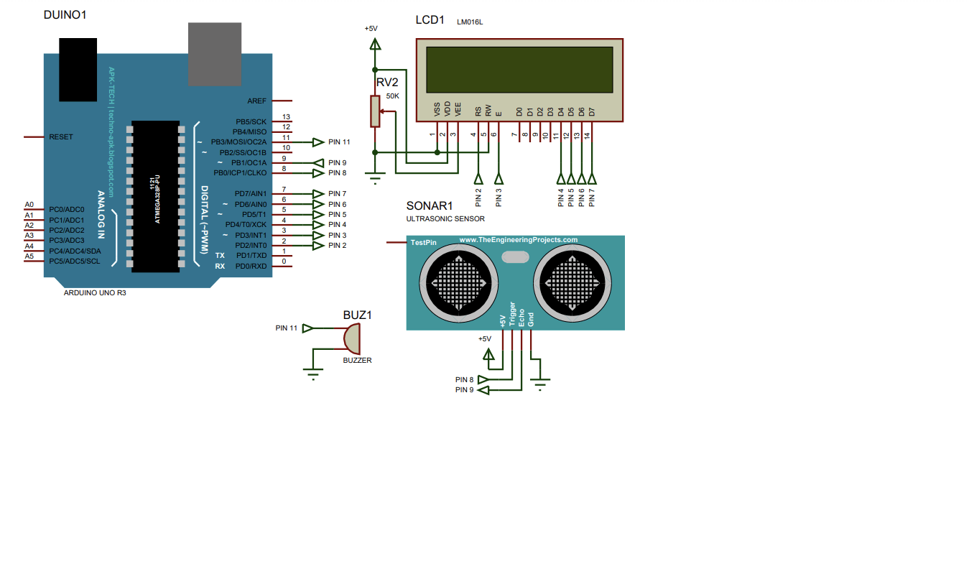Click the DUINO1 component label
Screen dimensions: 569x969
65,14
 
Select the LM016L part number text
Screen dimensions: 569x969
470,23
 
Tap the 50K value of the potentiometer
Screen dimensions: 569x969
392,96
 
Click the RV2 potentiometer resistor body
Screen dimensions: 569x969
375,111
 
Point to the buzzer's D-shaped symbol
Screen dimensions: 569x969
352,337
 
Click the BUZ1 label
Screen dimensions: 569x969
357,315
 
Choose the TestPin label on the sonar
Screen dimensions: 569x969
423,243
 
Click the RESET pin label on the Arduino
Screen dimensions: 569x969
61,137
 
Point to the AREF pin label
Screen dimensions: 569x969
256,101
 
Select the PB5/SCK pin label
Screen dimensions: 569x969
251,122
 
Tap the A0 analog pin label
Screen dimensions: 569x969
29,205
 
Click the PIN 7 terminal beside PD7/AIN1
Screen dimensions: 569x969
337,194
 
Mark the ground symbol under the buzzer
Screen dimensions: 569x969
312,372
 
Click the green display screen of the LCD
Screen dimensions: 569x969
519,70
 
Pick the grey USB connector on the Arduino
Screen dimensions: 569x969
215,54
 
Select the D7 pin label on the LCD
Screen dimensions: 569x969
592,112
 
